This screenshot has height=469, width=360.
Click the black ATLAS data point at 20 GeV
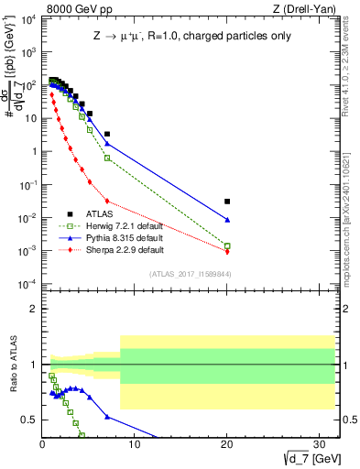227,201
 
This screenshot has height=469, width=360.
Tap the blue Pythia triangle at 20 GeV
227,220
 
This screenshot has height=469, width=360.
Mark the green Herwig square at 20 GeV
227,245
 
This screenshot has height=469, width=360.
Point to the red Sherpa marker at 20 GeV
227,251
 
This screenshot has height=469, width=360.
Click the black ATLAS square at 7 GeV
107,134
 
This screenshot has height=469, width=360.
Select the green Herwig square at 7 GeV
107,158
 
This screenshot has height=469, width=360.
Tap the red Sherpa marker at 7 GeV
107,201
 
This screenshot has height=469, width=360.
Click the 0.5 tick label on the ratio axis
30,420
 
